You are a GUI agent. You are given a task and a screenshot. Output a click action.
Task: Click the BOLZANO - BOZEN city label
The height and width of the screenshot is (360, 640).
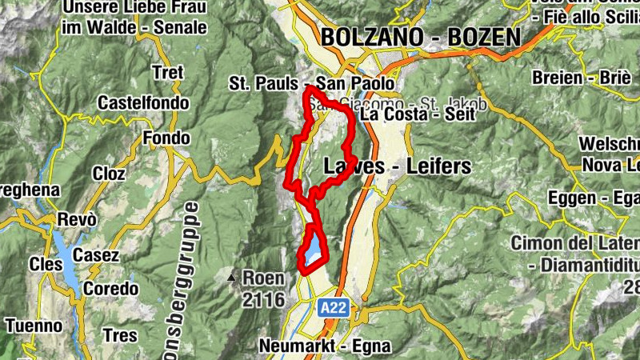pyautogui.click(x=419, y=37)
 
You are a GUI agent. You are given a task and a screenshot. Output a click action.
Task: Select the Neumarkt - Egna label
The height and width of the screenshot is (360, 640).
pyautogui.click(x=326, y=346)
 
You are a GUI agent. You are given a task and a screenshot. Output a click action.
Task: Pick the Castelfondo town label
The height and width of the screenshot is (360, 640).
pyautogui.click(x=143, y=103)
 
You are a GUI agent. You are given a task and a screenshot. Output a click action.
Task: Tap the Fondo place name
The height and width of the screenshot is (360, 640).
pyautogui.click(x=166, y=138)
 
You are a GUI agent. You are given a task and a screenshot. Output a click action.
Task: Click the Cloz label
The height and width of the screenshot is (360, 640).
pyautogui.click(x=109, y=173)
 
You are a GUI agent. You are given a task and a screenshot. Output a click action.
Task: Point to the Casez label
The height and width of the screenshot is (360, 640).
pyautogui.click(x=96, y=256)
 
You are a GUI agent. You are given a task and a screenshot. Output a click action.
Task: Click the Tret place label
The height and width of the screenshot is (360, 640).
pyautogui.click(x=166, y=72)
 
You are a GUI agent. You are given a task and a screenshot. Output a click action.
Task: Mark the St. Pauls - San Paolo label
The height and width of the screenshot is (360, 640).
pyautogui.click(x=311, y=83)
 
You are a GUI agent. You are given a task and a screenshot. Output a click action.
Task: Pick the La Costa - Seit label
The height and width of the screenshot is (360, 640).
pyautogui.click(x=418, y=114)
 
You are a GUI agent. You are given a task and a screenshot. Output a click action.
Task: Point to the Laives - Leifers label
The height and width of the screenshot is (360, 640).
pyautogui.click(x=398, y=166)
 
